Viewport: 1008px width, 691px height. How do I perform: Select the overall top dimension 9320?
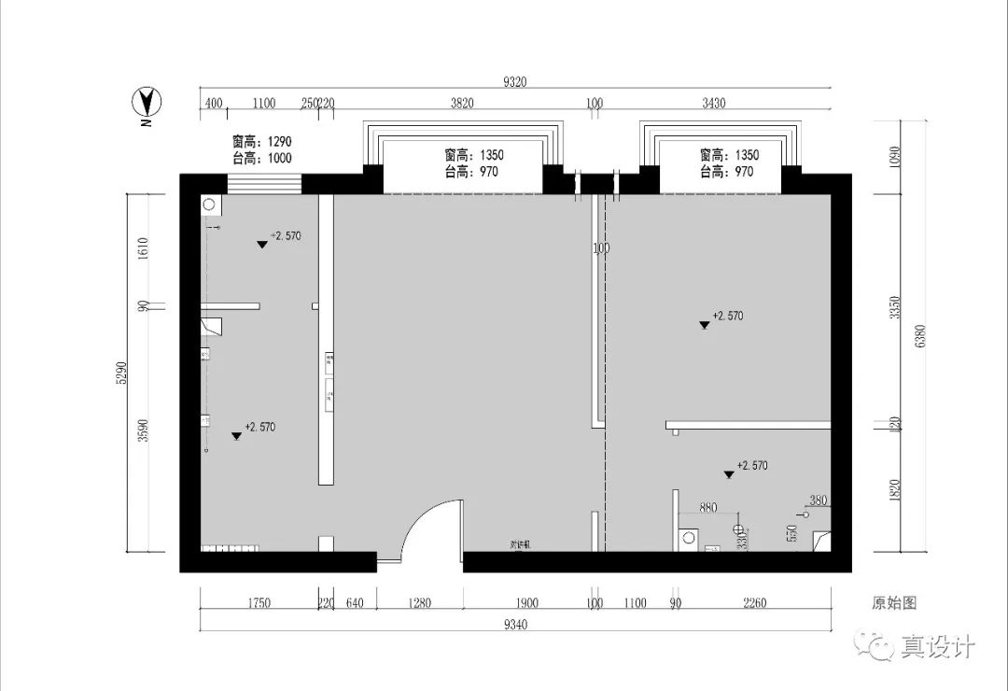(x=514, y=82)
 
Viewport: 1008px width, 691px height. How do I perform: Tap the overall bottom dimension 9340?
(x=516, y=625)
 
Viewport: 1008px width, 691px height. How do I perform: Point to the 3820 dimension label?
(x=462, y=104)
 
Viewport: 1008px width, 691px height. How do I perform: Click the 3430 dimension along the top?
(x=713, y=104)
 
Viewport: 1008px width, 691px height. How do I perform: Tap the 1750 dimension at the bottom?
(x=259, y=603)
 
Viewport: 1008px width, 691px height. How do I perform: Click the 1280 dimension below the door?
(x=419, y=603)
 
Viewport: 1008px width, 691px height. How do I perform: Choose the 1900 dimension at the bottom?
(x=526, y=603)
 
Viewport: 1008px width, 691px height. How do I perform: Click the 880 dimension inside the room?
(x=707, y=508)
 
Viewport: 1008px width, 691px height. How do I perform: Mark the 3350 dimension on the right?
(x=894, y=307)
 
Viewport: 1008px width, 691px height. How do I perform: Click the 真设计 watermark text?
(x=937, y=646)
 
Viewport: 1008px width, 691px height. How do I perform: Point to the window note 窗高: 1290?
(x=262, y=142)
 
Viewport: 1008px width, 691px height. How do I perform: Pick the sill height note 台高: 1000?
(x=262, y=158)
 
